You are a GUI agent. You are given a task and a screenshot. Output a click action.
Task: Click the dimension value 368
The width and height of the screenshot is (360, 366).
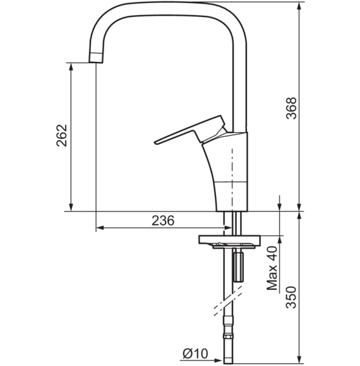(x=291, y=108)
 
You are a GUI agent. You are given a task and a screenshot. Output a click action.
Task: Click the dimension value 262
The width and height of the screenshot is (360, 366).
(x=62, y=136)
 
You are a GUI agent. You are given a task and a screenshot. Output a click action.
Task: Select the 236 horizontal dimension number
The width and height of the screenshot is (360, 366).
(x=163, y=220)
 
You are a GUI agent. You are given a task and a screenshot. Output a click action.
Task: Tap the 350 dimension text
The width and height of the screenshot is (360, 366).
(x=291, y=297)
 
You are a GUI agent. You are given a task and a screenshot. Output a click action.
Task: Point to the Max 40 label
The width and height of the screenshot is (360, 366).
(x=272, y=268)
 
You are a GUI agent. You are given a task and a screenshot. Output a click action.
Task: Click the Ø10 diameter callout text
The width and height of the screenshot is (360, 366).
(x=195, y=353)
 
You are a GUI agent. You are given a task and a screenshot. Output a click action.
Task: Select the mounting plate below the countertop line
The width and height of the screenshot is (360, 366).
(x=229, y=240)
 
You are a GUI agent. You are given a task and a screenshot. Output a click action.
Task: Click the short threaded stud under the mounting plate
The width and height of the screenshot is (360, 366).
(x=238, y=268)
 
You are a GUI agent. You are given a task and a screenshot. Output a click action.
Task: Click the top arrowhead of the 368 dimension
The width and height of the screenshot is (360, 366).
(x=299, y=6)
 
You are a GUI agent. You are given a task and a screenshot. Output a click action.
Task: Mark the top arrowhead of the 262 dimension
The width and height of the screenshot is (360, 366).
(x=71, y=67)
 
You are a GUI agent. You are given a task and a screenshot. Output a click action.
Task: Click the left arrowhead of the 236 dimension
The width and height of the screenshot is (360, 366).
(x=100, y=228)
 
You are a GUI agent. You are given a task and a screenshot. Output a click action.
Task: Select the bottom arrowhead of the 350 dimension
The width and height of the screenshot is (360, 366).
(x=299, y=360)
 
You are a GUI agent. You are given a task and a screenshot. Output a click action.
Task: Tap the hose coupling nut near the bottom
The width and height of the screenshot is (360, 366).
(x=229, y=336)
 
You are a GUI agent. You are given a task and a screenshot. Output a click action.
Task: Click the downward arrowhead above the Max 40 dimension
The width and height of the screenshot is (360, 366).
(x=279, y=206)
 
